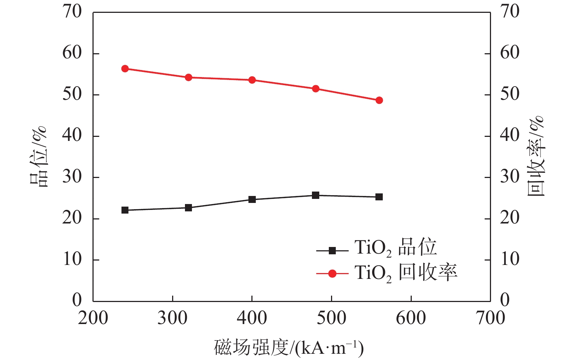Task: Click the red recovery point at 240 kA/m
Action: (x=125, y=69)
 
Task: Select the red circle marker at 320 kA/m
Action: (x=189, y=77)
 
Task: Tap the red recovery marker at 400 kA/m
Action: (x=252, y=80)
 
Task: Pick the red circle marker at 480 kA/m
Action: (x=316, y=88)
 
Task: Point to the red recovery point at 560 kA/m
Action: (x=379, y=100)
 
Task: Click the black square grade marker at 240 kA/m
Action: (x=125, y=210)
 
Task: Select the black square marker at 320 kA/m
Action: (x=189, y=208)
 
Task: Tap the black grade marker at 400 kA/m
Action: (x=252, y=200)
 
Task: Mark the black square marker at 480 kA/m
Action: (x=316, y=195)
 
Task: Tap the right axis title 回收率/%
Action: (x=535, y=156)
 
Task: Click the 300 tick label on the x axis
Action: (x=172, y=318)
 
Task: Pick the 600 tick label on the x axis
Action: (x=411, y=318)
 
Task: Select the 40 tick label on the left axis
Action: (x=72, y=136)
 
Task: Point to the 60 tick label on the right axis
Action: (x=510, y=53)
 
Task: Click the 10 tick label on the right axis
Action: (x=510, y=259)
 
